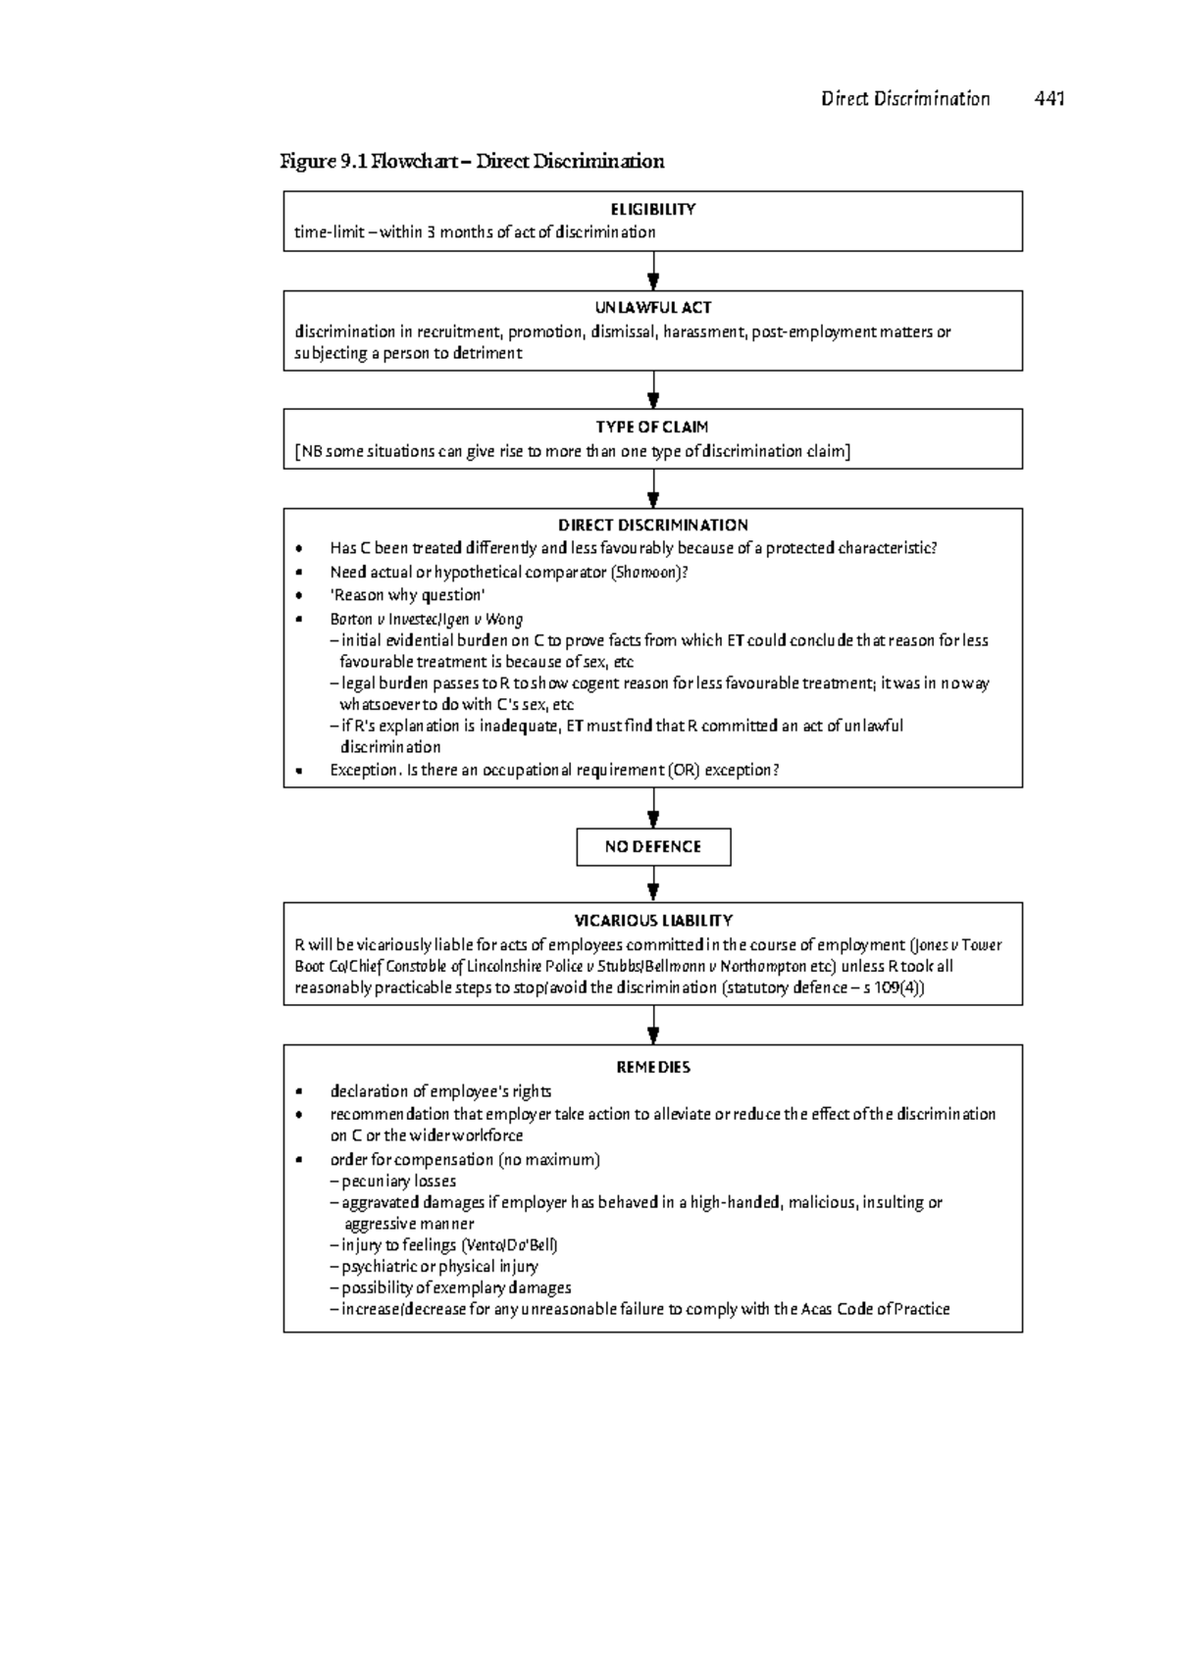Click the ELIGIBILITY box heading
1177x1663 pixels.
click(652, 209)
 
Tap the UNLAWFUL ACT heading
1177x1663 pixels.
click(652, 308)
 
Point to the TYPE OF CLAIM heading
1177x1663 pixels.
click(652, 428)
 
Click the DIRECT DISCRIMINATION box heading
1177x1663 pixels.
click(652, 526)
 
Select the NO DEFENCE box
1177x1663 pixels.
click(653, 847)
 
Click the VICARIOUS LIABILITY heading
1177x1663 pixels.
click(652, 921)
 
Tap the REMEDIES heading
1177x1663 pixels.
click(652, 1068)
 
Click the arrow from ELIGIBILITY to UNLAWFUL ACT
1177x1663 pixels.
click(653, 272)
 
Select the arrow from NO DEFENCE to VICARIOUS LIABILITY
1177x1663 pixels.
click(653, 884)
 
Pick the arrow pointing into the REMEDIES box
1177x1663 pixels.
click(653, 1026)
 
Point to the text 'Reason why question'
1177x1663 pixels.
click(408, 595)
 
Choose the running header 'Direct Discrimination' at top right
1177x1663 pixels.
click(905, 98)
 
